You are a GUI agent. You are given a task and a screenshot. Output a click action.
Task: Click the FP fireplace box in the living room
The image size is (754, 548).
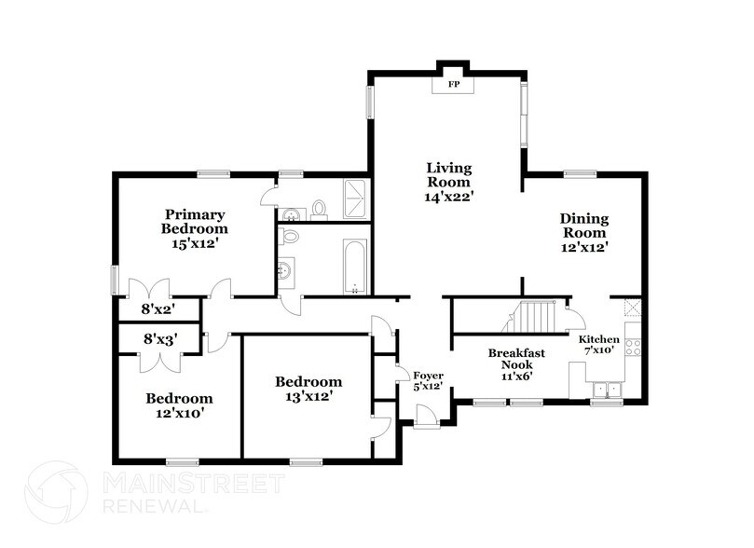[455, 86]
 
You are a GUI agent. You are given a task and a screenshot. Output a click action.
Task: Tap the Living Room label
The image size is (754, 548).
[449, 182]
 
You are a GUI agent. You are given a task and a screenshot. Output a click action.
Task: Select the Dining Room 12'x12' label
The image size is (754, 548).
[584, 233]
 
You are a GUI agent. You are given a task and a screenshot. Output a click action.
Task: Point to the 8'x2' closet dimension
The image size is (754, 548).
[158, 308]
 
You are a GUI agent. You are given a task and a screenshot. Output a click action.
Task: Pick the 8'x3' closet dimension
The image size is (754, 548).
[158, 340]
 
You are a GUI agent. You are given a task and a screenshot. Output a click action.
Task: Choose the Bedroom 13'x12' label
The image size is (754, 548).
[308, 389]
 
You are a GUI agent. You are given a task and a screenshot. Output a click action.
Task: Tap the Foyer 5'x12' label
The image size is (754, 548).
[427, 381]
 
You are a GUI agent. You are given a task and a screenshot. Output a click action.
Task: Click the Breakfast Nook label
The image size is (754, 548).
[516, 360]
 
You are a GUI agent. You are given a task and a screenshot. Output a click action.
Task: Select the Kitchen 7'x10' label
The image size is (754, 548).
[599, 345]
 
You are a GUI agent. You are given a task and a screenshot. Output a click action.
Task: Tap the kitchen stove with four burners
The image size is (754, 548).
[633, 347]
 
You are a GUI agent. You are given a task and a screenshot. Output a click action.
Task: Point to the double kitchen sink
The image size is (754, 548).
[607, 388]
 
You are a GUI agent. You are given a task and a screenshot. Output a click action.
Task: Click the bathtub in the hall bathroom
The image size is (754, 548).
[355, 267]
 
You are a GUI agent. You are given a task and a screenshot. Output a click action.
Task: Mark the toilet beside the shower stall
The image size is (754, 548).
[319, 207]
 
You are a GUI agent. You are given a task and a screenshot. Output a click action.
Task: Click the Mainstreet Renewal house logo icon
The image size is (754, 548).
[56, 492]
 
